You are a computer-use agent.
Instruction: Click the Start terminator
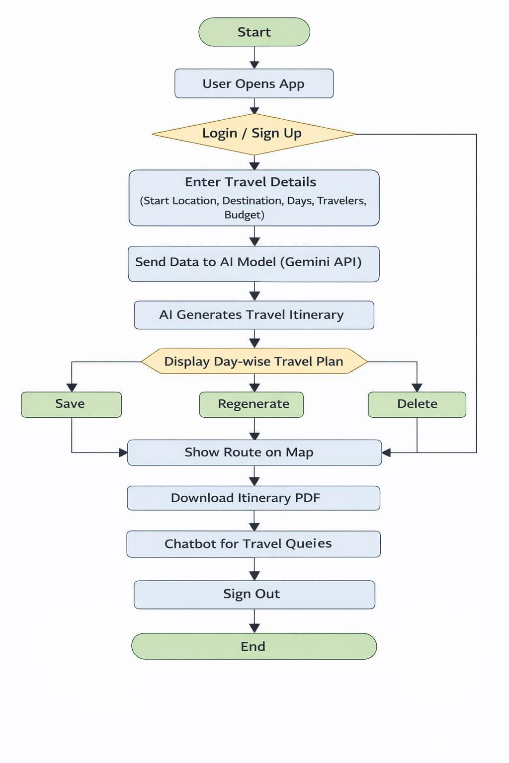tap(254, 32)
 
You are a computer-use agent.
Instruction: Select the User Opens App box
tap(254, 83)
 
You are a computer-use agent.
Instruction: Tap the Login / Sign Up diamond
tap(254, 134)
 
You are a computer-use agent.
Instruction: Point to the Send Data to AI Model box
tap(254, 264)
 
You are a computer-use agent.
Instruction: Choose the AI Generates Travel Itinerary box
tap(254, 315)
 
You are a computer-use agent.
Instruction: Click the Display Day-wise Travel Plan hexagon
tap(254, 362)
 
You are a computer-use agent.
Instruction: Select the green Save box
tap(71, 405)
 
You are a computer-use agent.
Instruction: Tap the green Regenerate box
tap(251, 405)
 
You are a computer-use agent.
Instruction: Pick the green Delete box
tap(417, 405)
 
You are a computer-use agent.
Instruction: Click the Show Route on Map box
tap(254, 453)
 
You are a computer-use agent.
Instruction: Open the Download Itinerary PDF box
tap(254, 498)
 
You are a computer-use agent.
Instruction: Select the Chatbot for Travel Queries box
tap(254, 544)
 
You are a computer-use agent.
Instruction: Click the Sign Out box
tap(254, 595)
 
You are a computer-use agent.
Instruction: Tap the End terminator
tap(254, 646)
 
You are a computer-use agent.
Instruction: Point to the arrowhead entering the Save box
tap(72, 388)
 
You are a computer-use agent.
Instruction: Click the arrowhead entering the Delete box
tap(417, 388)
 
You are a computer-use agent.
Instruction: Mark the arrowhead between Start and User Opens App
tap(254, 65)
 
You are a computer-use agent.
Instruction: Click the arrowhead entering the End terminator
tap(254, 629)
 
